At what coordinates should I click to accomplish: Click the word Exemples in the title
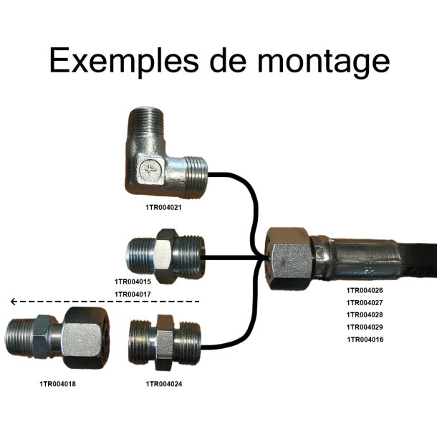[x=123, y=60]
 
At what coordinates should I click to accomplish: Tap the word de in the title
[x=228, y=60]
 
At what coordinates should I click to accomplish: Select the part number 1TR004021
[x=163, y=207]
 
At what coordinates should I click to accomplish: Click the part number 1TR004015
[x=133, y=282]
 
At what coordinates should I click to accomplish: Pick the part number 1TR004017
[x=133, y=294]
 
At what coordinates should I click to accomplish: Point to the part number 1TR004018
[x=57, y=384]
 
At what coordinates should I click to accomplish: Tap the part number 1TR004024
[x=164, y=384]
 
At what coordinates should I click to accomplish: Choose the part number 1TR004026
[x=365, y=290]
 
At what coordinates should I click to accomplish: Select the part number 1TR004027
[x=365, y=302]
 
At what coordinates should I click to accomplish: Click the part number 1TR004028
[x=365, y=314]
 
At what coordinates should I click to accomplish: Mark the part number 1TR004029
[x=365, y=327]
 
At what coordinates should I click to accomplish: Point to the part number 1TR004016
[x=365, y=339]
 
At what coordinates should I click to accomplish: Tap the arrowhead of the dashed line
[x=13, y=302]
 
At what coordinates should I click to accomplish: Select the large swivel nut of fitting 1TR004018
[x=85, y=337]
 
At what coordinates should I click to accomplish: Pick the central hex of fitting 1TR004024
[x=165, y=343]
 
